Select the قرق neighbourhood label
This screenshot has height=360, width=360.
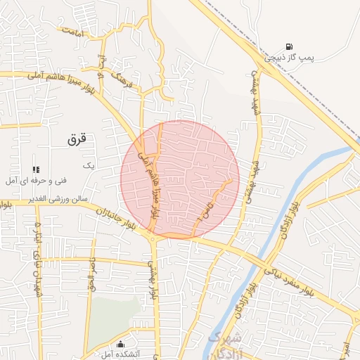click(77, 139)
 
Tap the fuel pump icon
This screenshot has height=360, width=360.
click(289, 46)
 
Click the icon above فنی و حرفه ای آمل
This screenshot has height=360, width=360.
click(36, 169)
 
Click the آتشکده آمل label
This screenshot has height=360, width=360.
click(121, 354)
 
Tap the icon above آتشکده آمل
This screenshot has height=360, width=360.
click(121, 344)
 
